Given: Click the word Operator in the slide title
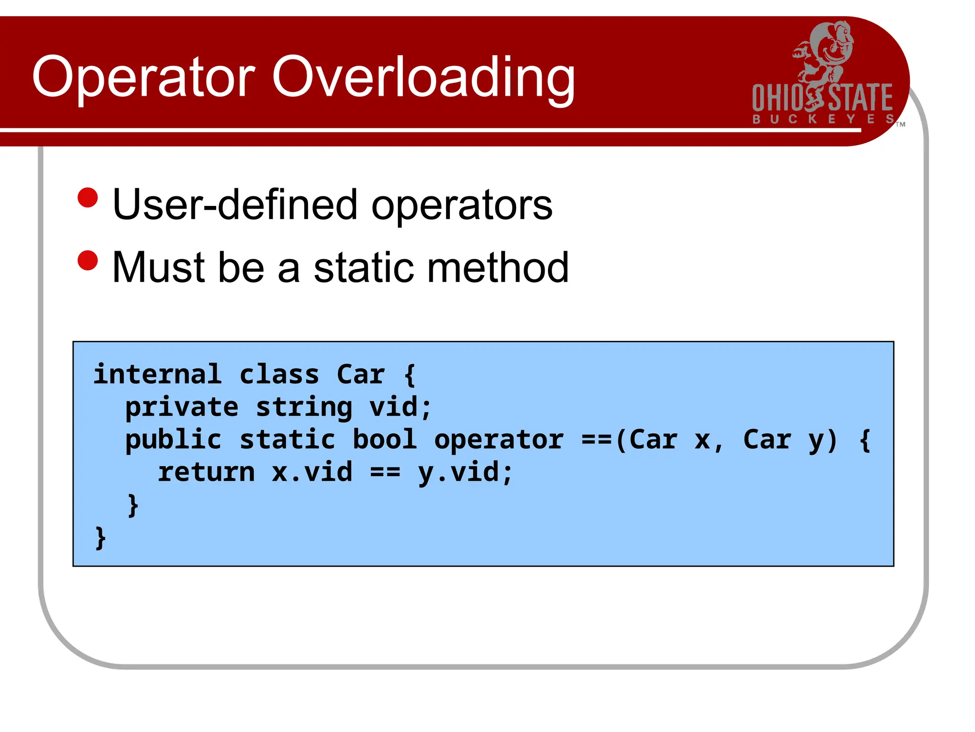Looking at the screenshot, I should [x=144, y=77].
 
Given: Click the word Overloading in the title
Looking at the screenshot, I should [x=423, y=77].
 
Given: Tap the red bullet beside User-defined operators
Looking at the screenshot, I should [x=88, y=198].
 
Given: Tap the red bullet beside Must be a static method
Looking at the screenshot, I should [x=88, y=260].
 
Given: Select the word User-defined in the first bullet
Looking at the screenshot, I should [x=235, y=204].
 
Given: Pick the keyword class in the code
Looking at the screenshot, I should [x=279, y=374].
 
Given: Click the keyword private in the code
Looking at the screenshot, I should [x=181, y=407].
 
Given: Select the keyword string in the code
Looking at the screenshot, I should [x=304, y=407].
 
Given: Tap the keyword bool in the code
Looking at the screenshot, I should [x=385, y=439].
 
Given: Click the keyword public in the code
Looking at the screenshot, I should [x=173, y=439].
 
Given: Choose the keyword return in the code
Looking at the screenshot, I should [x=206, y=472].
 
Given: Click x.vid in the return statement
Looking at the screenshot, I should [x=312, y=472].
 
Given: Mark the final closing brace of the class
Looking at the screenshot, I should [x=100, y=538].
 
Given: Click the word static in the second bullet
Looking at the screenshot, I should [x=364, y=267].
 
